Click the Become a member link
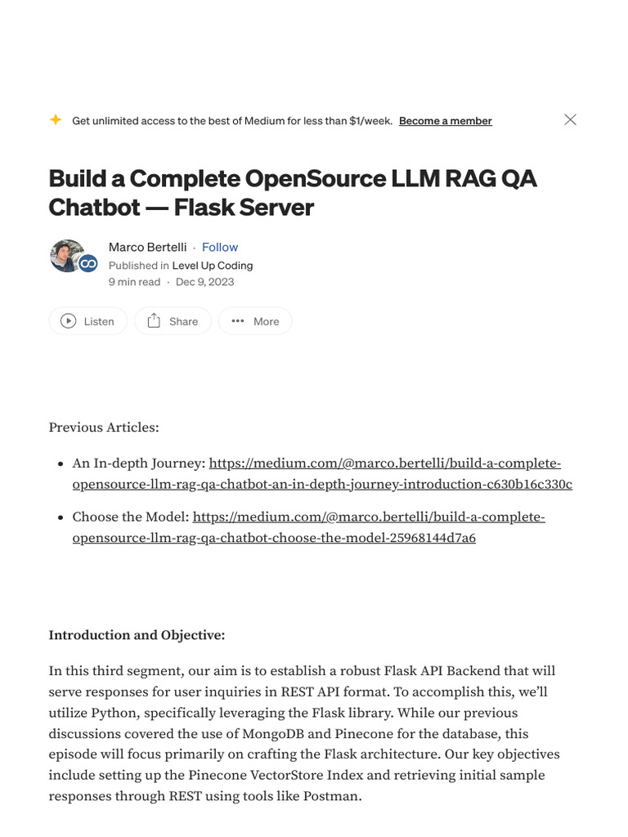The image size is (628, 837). pos(445,121)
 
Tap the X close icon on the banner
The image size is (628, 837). pos(571,119)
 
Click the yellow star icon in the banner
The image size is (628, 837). pos(56,120)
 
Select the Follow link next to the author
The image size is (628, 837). pos(220,247)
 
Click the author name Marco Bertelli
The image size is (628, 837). pos(147,247)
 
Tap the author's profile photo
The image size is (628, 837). pos(67,256)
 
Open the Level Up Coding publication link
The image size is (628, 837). pos(213,265)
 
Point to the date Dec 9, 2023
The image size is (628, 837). pos(204,281)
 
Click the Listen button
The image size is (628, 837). pos(87,321)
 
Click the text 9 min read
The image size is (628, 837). pos(134,281)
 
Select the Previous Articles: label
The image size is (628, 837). pos(104,427)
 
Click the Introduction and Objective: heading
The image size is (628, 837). pos(137,635)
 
